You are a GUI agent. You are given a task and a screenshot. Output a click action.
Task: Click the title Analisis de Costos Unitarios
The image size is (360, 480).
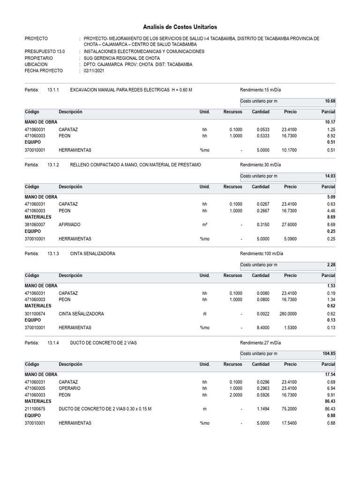180,27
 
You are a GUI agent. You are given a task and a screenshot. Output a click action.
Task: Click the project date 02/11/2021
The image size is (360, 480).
94,71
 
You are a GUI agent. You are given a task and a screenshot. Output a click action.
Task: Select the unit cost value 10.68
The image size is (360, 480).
330,101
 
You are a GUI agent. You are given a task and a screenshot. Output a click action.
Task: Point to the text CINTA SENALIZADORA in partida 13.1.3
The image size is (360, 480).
92,254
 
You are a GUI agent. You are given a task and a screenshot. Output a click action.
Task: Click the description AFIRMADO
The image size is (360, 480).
69,225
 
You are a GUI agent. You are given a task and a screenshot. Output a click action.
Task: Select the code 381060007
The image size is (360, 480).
35,225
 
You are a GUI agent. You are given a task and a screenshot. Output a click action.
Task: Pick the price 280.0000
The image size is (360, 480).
286,313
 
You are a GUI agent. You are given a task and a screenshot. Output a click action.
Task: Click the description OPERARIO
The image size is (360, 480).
69,388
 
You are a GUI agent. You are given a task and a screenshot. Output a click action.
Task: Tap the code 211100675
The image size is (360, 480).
35,409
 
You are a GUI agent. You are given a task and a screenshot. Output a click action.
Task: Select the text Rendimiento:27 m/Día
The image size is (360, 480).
261,343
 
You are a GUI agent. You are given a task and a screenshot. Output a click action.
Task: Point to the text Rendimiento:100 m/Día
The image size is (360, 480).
262,254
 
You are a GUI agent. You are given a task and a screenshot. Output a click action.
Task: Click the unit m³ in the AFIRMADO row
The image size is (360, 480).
204,225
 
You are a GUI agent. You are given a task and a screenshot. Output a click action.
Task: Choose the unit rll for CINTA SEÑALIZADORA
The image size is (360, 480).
204,313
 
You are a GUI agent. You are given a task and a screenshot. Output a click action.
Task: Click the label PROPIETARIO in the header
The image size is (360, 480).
39,58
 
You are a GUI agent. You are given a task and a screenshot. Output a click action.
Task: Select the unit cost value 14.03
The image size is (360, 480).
330,176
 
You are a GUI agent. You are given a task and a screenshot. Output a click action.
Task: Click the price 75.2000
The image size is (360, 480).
287,409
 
